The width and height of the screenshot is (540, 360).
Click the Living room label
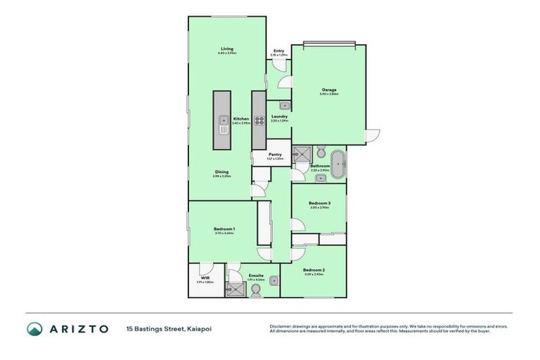point(226,49)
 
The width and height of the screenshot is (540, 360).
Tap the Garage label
point(328,90)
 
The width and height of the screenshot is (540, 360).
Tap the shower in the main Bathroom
point(302,154)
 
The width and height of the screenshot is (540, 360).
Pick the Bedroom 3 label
point(319,203)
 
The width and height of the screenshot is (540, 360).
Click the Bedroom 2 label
point(314,270)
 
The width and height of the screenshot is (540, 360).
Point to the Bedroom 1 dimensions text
point(224,233)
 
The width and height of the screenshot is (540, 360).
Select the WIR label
point(205,278)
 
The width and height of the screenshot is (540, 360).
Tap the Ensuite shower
point(238,290)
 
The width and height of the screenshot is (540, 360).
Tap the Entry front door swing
point(281,66)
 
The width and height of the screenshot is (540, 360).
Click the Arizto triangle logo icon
point(34,328)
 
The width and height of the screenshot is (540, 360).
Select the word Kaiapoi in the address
point(199,328)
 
